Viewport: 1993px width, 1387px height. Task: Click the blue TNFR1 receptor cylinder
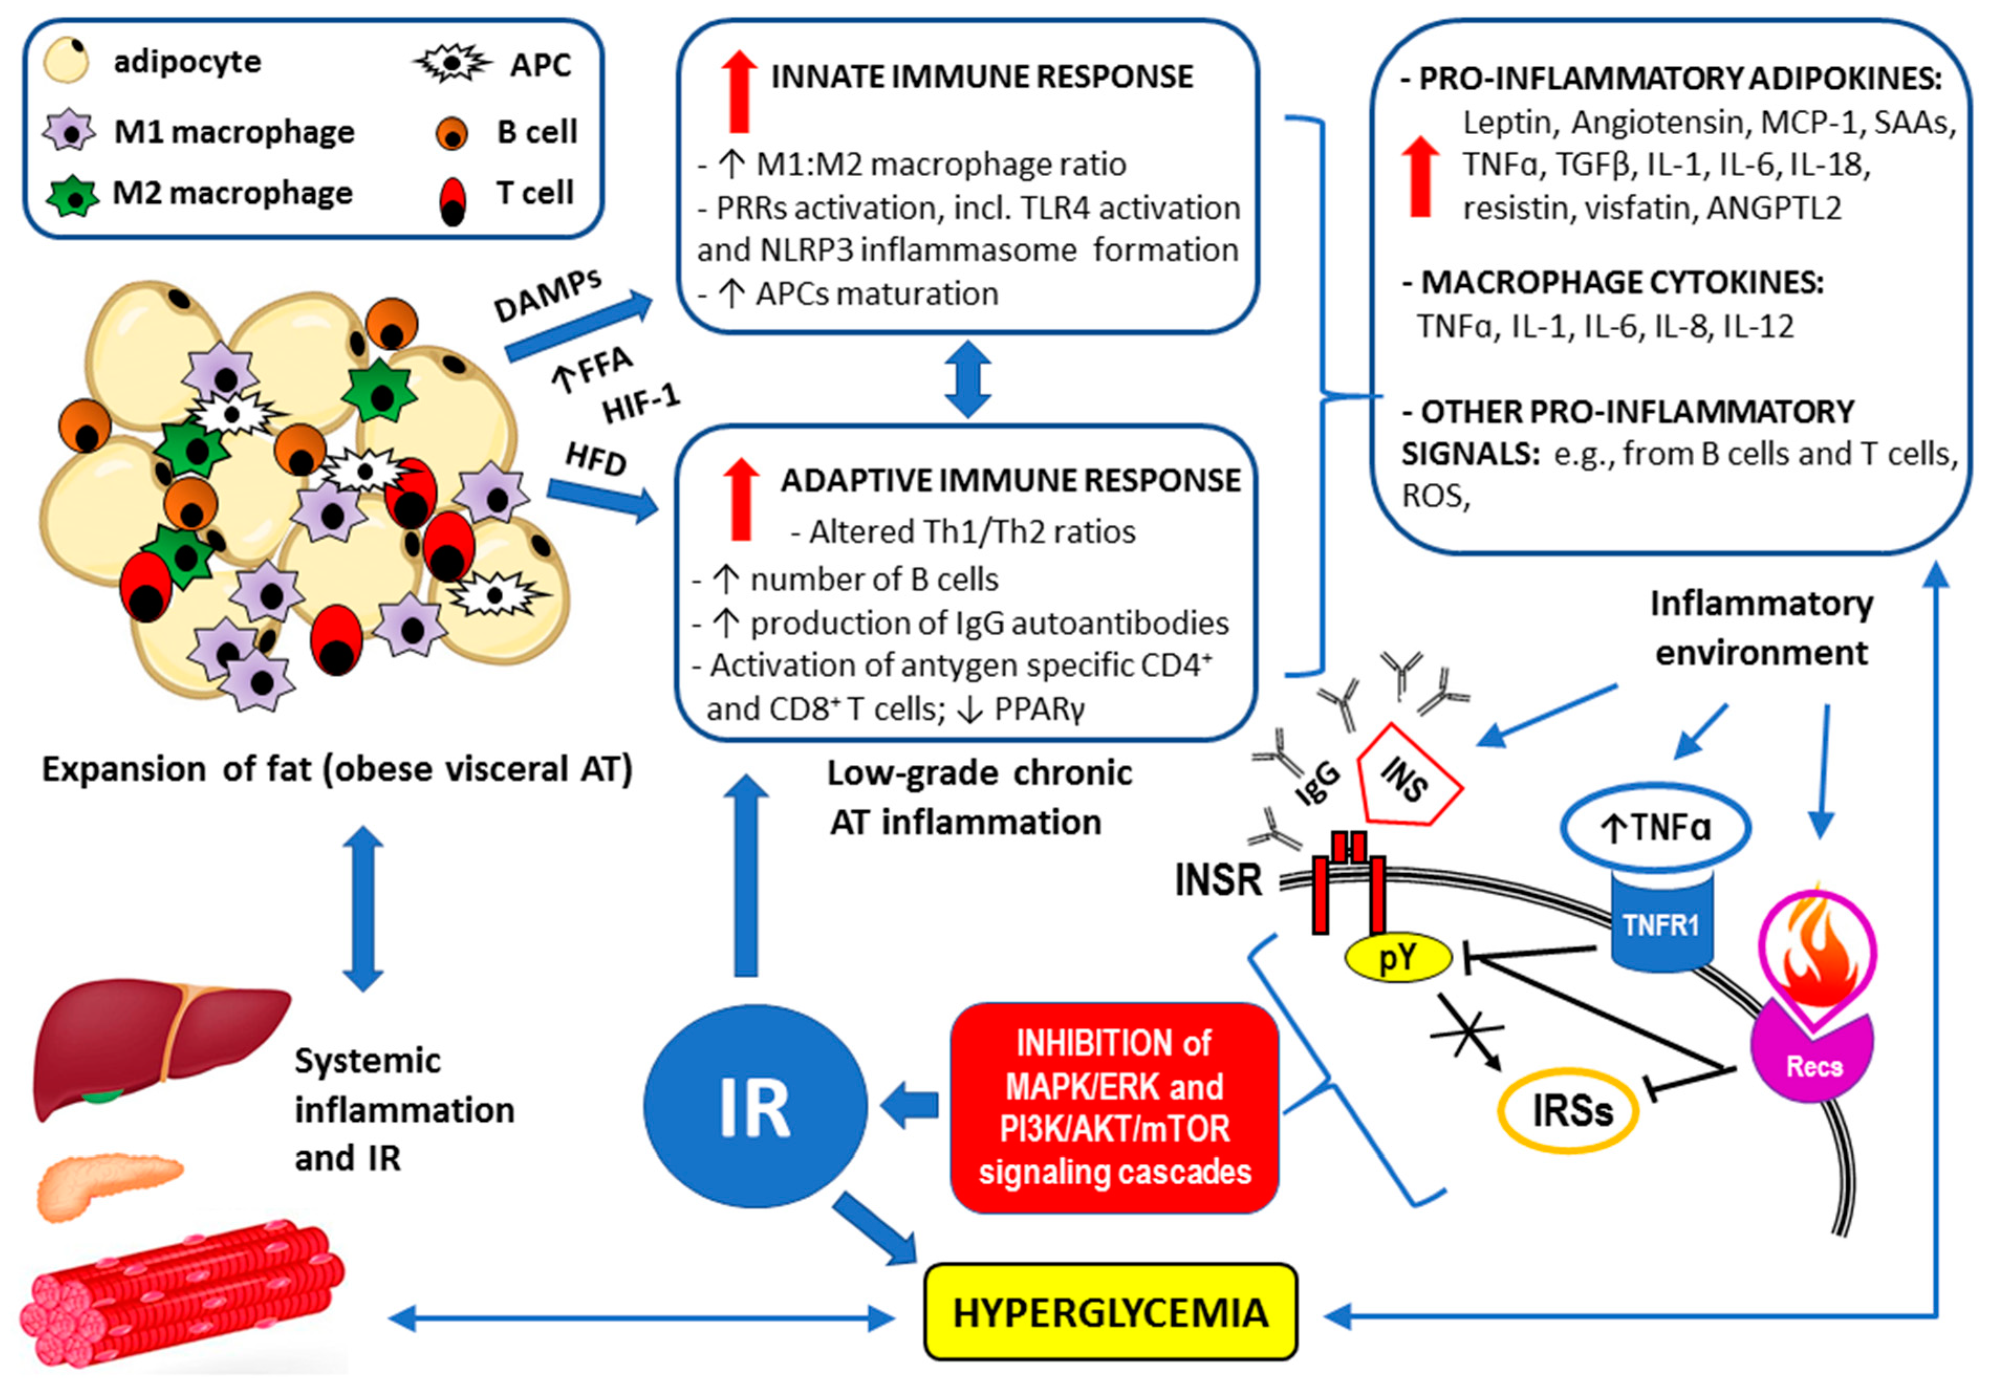(1661, 922)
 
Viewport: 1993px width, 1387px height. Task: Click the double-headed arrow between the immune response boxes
(967, 380)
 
